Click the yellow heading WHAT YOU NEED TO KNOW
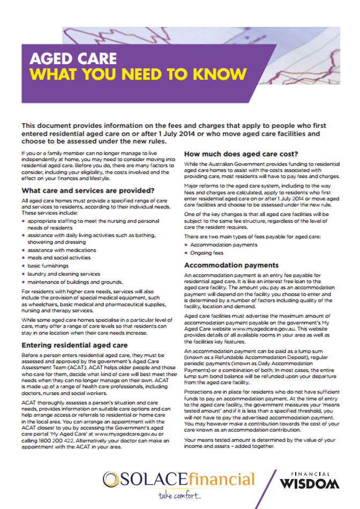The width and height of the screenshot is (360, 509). (x=139, y=74)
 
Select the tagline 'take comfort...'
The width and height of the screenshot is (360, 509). (x=181, y=496)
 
